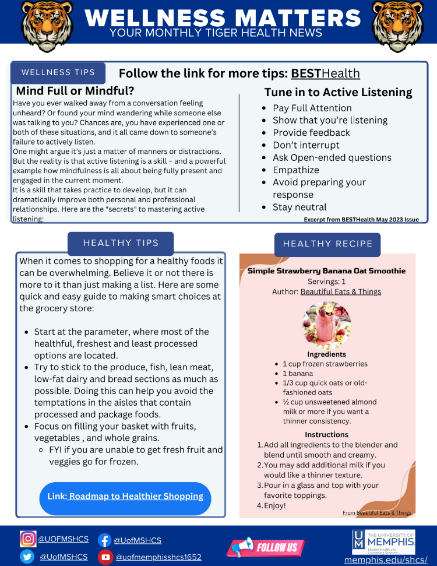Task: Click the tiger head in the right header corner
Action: [x=397, y=23]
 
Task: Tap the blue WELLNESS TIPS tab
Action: [x=58, y=73]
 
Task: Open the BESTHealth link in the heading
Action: [x=325, y=73]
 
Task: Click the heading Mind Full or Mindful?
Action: [x=75, y=91]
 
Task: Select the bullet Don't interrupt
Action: [x=306, y=145]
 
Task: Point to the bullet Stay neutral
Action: [x=299, y=207]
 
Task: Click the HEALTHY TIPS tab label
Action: [x=121, y=243]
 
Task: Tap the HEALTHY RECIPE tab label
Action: [x=327, y=244]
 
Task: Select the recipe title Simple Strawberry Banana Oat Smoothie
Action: [x=326, y=270]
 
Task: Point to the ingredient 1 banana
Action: [x=298, y=374]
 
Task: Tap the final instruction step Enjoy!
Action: [x=275, y=505]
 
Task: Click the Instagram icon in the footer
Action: [x=27, y=540]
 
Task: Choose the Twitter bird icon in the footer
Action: [x=27, y=557]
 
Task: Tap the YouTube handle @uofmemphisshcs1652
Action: [x=158, y=557]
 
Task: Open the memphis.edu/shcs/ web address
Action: [x=386, y=560]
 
